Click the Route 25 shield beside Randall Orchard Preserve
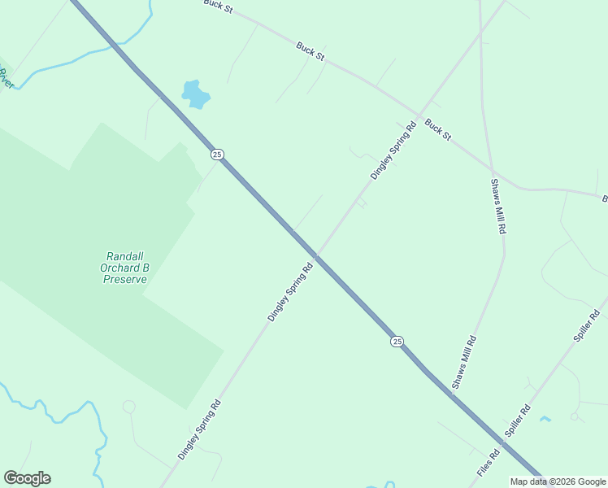pyautogui.click(x=216, y=155)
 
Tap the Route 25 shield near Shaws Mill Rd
pyautogui.click(x=397, y=342)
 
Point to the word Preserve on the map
pyautogui.click(x=125, y=279)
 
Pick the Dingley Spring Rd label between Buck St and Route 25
pyautogui.click(x=393, y=150)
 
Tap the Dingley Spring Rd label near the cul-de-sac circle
pyautogui.click(x=199, y=429)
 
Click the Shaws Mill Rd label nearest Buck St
pyautogui.click(x=497, y=206)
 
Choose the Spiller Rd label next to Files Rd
pyautogui.click(x=518, y=420)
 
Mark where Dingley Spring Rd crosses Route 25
pyautogui.click(x=317, y=256)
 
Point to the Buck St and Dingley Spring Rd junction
pyautogui.click(x=419, y=113)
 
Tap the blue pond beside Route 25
pyautogui.click(x=195, y=94)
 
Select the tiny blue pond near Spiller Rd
pyautogui.click(x=545, y=419)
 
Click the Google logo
pyautogui.click(x=27, y=478)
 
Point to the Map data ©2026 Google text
pyautogui.click(x=558, y=481)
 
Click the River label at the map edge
pyautogui.click(x=6, y=79)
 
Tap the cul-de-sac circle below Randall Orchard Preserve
pyautogui.click(x=128, y=406)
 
